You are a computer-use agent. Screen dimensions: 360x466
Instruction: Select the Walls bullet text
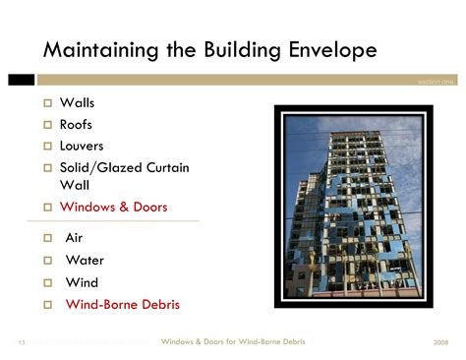[78, 102]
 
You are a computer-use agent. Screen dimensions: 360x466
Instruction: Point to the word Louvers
[82, 146]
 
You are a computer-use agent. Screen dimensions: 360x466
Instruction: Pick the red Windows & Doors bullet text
[113, 207]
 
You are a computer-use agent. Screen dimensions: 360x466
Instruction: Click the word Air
[74, 238]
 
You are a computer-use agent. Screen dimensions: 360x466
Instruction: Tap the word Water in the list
[84, 261]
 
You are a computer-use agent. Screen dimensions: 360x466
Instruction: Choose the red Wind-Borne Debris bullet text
[122, 305]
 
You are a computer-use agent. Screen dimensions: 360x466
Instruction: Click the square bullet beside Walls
[46, 103]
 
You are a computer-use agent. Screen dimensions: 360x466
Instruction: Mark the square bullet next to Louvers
[46, 147]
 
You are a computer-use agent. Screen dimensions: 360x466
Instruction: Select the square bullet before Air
[46, 239]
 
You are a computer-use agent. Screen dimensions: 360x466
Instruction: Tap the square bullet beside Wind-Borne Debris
[46, 306]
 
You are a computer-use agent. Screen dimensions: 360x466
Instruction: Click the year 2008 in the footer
[439, 342]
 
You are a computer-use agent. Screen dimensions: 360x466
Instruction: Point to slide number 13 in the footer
[21, 342]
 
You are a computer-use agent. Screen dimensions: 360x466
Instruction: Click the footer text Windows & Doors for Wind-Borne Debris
[233, 341]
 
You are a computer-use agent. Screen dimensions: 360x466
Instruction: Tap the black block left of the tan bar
[21, 80]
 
